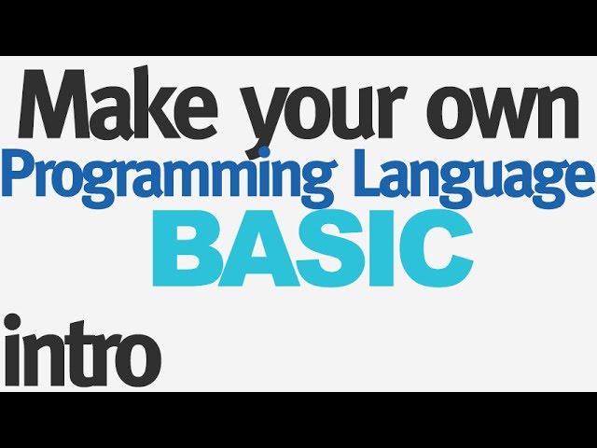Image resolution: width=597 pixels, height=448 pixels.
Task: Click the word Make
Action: click(118, 103)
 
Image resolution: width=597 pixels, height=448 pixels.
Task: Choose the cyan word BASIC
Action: click(312, 247)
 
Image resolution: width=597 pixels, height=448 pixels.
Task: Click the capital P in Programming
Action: click(20, 173)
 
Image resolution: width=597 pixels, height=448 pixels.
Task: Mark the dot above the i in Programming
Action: click(264, 153)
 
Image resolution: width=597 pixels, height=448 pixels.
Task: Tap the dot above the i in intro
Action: click(12, 322)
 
